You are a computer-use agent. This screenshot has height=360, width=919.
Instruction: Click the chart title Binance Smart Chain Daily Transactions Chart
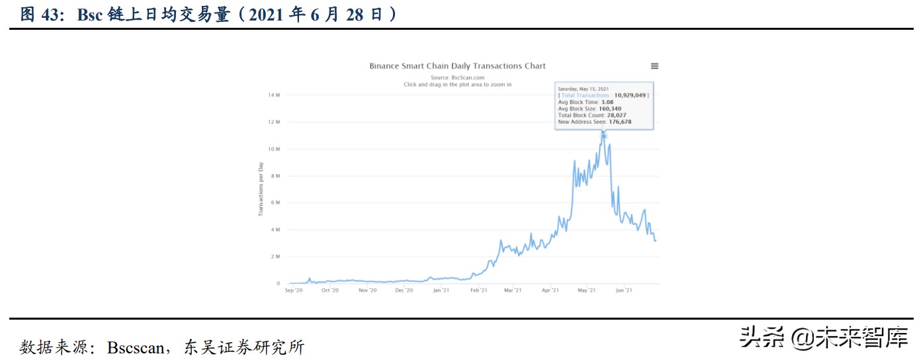[x=457, y=66]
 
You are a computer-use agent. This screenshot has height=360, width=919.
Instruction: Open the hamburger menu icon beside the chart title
[x=654, y=66]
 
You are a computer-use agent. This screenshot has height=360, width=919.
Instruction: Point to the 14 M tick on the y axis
[x=274, y=95]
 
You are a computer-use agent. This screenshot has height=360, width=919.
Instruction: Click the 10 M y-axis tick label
[x=274, y=149]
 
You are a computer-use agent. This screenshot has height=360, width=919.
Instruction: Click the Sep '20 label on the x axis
[x=294, y=290]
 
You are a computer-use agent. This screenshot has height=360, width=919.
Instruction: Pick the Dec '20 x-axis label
[x=404, y=290]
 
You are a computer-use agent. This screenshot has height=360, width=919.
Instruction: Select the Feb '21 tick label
[x=478, y=290]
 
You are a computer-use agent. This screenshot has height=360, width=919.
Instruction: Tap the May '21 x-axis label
[x=587, y=290]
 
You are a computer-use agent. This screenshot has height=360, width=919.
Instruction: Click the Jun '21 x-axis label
[x=623, y=290]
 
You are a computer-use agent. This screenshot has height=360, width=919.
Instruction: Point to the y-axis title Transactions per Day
[x=261, y=189]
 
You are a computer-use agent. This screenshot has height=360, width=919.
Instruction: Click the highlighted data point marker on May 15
[x=603, y=136]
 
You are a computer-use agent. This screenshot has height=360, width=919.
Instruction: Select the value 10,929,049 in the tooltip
[x=630, y=95]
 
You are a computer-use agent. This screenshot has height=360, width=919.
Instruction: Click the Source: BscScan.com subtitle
[x=457, y=78]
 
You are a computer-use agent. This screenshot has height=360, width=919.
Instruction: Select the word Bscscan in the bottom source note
[x=134, y=347]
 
